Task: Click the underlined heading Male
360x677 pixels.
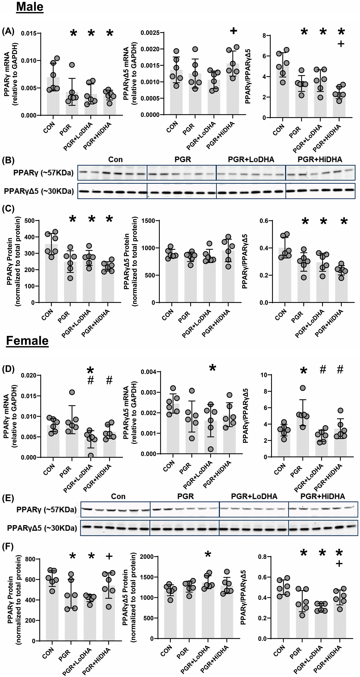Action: tap(30, 7)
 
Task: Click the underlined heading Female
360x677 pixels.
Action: tap(27, 341)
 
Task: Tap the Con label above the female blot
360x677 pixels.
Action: tap(118, 496)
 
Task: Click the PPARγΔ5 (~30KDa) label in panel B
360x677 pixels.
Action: tap(39, 191)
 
